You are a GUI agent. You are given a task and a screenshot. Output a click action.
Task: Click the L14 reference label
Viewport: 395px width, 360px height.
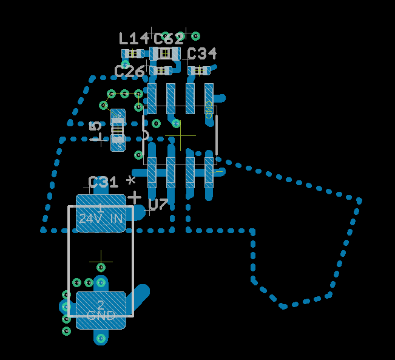click(133, 39)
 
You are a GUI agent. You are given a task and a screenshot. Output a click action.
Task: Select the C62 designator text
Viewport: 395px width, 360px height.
click(169, 39)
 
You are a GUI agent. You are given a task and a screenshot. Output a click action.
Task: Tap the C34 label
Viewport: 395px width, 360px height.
click(202, 54)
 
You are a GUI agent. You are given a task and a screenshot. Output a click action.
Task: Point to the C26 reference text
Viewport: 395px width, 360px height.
click(129, 72)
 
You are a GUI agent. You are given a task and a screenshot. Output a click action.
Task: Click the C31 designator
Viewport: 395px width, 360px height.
click(103, 182)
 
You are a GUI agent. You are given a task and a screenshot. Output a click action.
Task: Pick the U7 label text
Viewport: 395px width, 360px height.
click(158, 205)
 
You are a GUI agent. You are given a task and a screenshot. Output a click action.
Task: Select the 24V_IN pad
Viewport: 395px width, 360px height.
click(101, 213)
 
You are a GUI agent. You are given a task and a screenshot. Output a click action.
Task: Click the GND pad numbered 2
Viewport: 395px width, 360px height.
click(101, 310)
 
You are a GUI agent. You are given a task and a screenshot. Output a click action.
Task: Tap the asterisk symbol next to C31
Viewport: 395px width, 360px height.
click(130, 181)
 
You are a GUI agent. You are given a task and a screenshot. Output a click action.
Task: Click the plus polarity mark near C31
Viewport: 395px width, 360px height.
click(134, 197)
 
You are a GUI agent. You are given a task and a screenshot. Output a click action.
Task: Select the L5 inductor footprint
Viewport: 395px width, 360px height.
click(118, 129)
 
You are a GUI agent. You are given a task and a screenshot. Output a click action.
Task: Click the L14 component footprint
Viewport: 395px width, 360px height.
click(132, 53)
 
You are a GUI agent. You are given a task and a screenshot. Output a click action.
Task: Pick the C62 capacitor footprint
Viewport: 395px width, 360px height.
click(166, 53)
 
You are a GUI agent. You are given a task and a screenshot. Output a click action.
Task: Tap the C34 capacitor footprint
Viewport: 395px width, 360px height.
click(199, 70)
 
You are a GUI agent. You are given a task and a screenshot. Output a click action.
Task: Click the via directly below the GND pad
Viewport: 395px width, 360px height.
click(101, 338)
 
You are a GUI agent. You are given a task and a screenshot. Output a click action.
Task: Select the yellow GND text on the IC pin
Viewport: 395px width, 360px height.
click(209, 111)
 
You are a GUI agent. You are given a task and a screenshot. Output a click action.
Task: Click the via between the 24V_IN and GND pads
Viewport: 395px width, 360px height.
click(101, 267)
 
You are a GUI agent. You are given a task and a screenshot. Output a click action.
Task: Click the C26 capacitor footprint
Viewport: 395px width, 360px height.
click(161, 70)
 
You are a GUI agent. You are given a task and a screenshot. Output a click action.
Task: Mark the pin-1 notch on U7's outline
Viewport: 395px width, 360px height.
click(146, 134)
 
